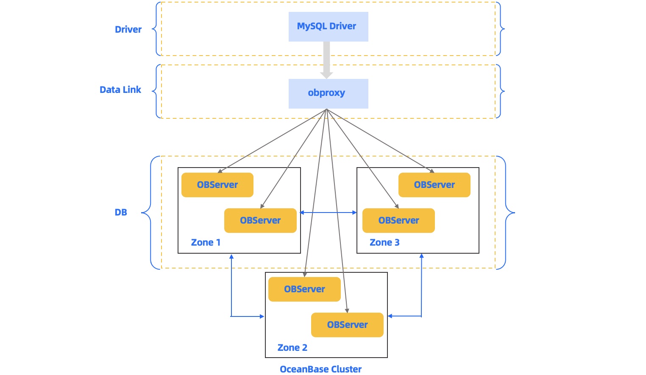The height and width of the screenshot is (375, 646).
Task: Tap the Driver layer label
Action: (128, 30)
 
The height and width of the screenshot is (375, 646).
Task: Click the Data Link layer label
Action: (120, 90)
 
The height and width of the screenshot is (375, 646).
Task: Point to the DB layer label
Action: (121, 213)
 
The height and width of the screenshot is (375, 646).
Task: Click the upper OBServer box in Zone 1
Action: (217, 185)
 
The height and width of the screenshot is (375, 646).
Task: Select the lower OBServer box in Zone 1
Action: (260, 221)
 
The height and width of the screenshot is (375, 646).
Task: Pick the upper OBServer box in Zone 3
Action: (434, 185)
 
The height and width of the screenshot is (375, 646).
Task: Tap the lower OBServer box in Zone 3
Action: (398, 221)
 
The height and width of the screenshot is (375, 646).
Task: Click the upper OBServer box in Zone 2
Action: (304, 289)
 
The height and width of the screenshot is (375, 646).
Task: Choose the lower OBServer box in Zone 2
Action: (347, 325)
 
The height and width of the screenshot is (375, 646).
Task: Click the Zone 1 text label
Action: (206, 243)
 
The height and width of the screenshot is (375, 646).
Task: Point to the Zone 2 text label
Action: (292, 348)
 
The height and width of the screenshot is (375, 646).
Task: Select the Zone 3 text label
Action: (384, 243)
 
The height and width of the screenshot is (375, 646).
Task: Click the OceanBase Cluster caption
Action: (320, 369)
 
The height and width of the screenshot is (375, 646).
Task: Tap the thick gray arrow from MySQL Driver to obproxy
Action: (326, 59)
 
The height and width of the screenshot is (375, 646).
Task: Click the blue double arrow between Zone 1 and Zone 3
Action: (329, 213)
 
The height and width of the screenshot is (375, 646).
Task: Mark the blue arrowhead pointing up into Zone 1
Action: (231, 257)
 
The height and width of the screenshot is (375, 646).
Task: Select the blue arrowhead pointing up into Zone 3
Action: (421, 257)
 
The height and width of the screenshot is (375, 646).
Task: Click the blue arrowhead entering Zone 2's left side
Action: (262, 316)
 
